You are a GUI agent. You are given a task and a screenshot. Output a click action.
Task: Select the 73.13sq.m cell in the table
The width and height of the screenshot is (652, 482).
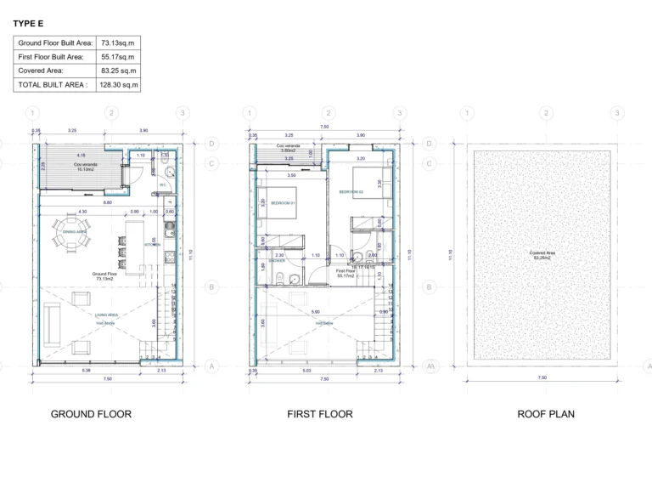118,42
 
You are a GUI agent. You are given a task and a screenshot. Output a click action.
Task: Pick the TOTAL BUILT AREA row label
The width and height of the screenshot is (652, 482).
53,85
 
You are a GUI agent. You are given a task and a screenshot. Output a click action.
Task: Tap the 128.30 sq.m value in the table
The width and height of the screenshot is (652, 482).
118,85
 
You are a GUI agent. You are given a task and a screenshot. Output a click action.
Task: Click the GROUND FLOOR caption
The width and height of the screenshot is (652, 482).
91,414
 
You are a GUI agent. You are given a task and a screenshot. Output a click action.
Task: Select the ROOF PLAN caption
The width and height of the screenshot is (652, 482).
546,414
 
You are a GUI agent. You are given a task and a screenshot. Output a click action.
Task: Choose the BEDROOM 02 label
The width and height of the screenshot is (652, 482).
351,192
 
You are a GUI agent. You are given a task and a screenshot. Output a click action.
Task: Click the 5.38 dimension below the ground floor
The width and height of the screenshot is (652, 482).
85,371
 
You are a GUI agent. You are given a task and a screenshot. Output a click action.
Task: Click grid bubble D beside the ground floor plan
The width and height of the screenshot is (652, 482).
211,144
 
